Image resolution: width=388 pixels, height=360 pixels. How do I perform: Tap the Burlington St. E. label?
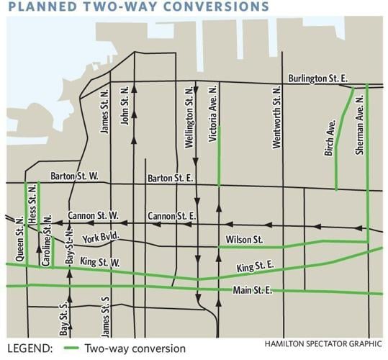tap(318, 78)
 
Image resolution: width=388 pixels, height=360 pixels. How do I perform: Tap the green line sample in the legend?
tap(71, 348)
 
